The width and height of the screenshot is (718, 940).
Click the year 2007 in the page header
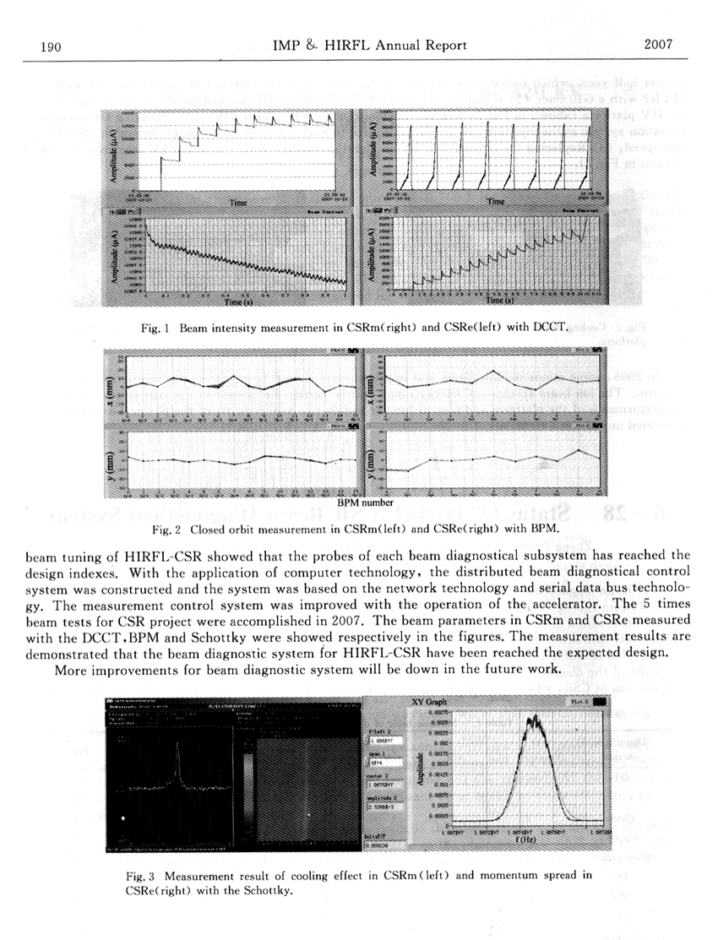click(x=657, y=45)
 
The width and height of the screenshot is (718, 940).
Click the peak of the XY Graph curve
click(x=533, y=719)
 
